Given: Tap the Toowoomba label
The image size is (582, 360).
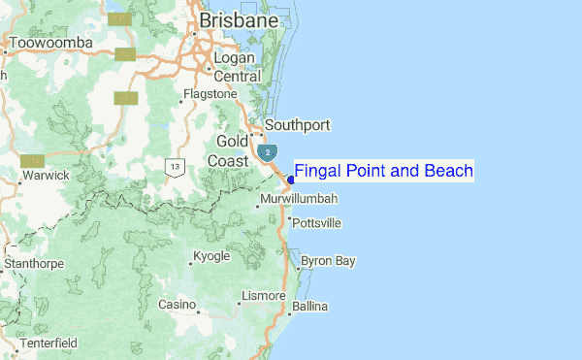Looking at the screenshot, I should pyautogui.click(x=50, y=44).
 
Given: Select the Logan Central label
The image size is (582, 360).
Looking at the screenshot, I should pyautogui.click(x=238, y=68).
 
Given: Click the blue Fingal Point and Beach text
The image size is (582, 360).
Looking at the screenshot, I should pyautogui.click(x=384, y=172).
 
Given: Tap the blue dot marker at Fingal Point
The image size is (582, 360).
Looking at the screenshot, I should pyautogui.click(x=291, y=180).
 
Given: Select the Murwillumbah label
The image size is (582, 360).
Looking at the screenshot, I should pyautogui.click(x=299, y=199).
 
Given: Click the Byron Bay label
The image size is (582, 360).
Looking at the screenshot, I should pyautogui.click(x=328, y=261).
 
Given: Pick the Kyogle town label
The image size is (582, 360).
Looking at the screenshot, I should pyautogui.click(x=211, y=256).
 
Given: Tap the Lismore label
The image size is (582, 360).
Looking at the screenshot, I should pyautogui.click(x=264, y=295).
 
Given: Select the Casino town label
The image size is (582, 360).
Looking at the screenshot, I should pyautogui.click(x=178, y=305).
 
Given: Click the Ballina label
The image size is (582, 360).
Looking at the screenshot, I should pyautogui.click(x=310, y=307).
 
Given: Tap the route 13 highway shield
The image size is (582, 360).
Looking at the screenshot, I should pyautogui.click(x=175, y=167).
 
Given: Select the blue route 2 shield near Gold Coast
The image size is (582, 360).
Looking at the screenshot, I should pyautogui.click(x=266, y=153).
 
